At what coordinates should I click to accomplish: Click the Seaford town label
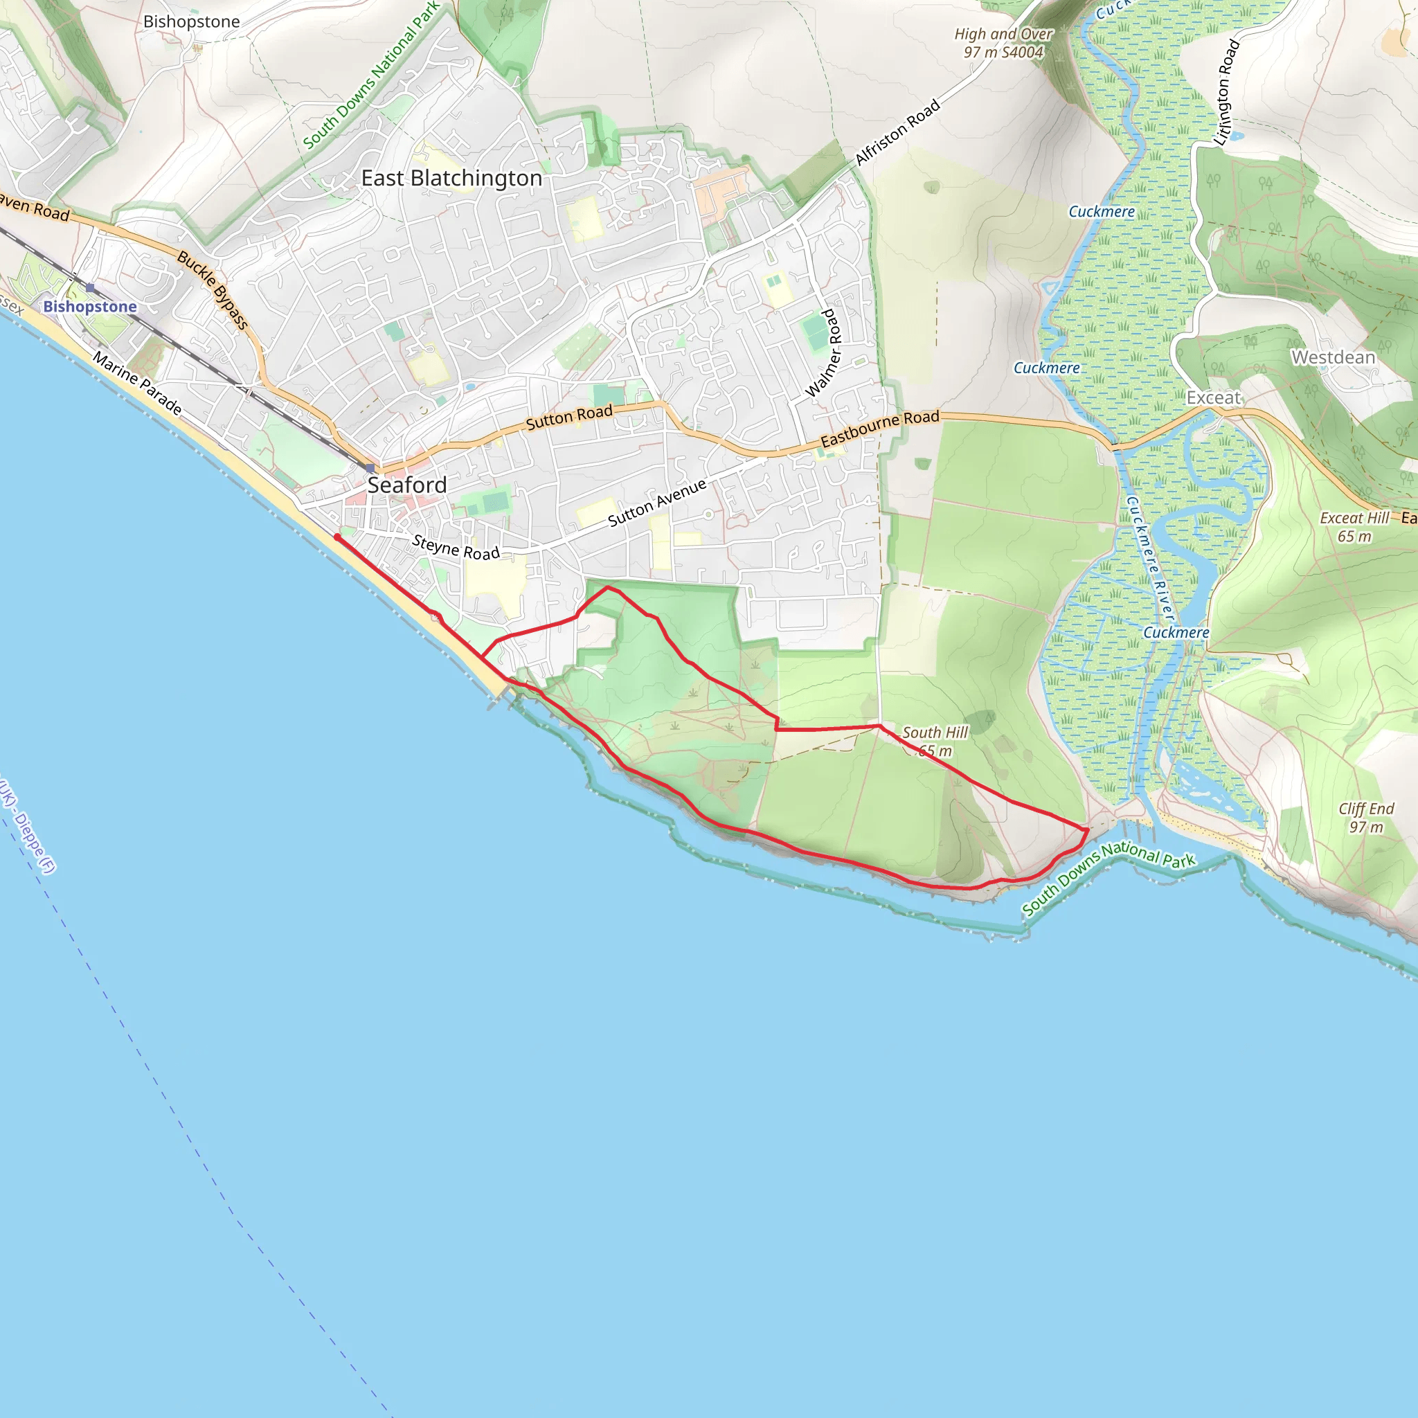click(x=406, y=485)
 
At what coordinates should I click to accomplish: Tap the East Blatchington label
click(x=451, y=179)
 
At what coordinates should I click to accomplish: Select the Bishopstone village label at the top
click(x=192, y=22)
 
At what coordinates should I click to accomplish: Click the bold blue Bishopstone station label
click(x=89, y=307)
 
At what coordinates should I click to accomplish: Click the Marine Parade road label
click(x=137, y=383)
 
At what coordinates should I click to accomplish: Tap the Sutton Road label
click(x=569, y=417)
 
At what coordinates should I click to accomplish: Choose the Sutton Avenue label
click(x=657, y=503)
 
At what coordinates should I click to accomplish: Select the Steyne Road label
click(x=456, y=548)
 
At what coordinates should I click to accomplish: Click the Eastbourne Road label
click(x=879, y=429)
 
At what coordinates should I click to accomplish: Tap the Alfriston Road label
click(x=897, y=133)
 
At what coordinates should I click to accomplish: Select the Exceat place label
click(x=1213, y=398)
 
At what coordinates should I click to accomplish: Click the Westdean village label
click(x=1333, y=357)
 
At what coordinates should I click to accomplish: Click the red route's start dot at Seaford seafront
click(x=337, y=537)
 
